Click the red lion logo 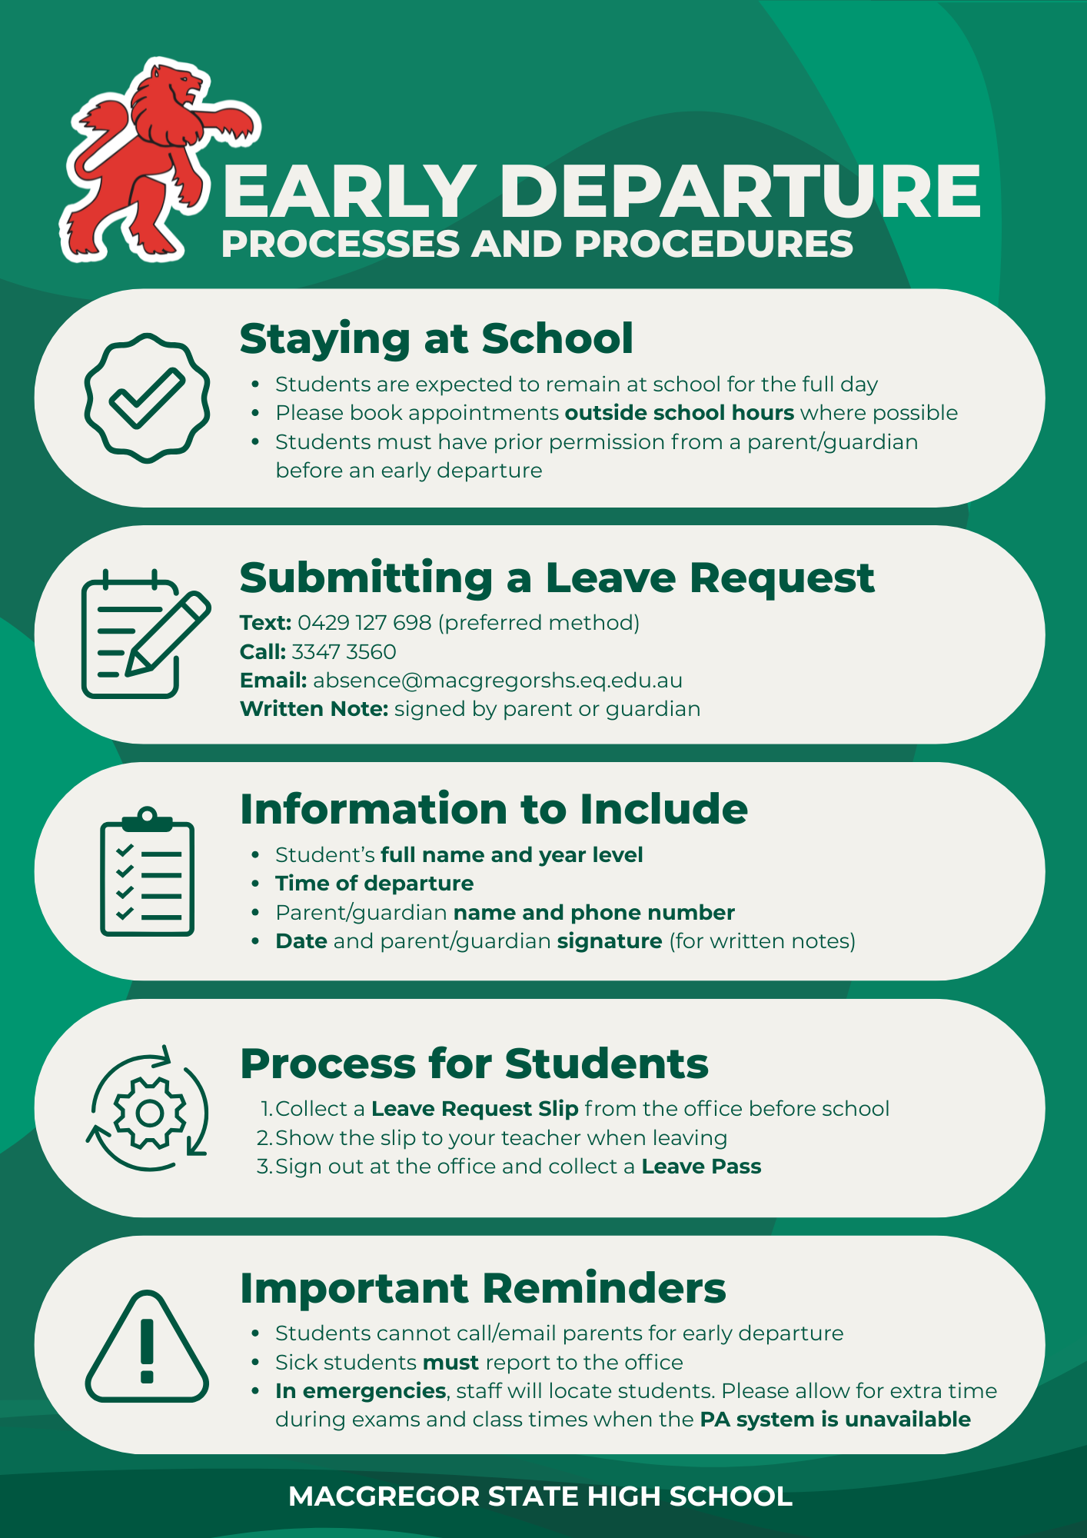click(150, 161)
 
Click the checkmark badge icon click(147, 398)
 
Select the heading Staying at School click(436, 338)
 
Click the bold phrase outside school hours click(679, 413)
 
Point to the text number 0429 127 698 click(364, 622)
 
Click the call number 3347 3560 click(344, 651)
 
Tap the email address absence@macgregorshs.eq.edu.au click(497, 681)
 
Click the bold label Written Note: click(314, 709)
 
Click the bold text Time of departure click(374, 884)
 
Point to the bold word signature click(609, 941)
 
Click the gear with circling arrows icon click(148, 1109)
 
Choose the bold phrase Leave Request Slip click(474, 1109)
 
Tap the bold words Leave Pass click(701, 1167)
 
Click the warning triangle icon click(147, 1347)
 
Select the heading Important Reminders click(482, 1288)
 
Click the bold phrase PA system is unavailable click(835, 1420)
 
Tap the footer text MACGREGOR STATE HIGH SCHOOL click(540, 1496)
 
